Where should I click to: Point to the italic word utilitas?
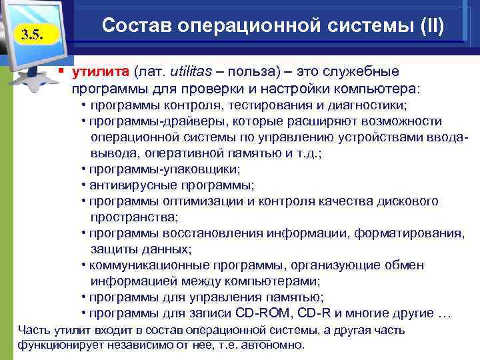coord(193,71)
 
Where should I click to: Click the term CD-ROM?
coord(261,313)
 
